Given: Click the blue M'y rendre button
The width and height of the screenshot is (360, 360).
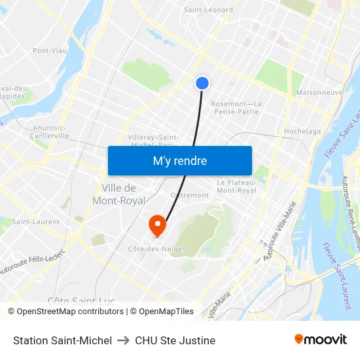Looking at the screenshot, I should pyautogui.click(x=179, y=160).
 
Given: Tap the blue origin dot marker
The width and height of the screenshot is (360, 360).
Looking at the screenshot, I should pyautogui.click(x=202, y=82).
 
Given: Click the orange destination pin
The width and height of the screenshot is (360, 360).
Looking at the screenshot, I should pyautogui.click(x=157, y=226).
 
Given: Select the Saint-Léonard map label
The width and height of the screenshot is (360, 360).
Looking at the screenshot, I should pyautogui.click(x=208, y=10).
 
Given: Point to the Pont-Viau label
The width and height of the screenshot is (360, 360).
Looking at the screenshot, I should pyautogui.click(x=50, y=50).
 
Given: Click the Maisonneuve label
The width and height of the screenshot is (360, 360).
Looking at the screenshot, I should pyautogui.click(x=319, y=93).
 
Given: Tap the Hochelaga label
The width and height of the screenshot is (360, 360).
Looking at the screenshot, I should pyautogui.click(x=302, y=132).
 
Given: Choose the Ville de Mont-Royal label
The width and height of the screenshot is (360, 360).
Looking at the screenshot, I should pyautogui.click(x=118, y=194).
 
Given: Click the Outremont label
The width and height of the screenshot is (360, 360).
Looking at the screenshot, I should pyautogui.click(x=189, y=195).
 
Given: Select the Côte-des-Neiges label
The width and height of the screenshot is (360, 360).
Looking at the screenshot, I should pyautogui.click(x=156, y=249).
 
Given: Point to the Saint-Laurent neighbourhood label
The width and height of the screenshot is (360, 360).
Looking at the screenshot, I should pyautogui.click(x=35, y=222).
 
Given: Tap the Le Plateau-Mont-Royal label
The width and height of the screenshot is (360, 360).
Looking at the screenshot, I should pyautogui.click(x=236, y=187).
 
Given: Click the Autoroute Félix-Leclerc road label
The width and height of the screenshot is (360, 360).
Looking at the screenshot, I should pyautogui.click(x=33, y=261).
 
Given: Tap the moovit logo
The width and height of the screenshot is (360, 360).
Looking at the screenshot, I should pyautogui.click(x=320, y=339).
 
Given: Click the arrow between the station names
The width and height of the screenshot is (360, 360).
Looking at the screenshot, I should pyautogui.click(x=123, y=340).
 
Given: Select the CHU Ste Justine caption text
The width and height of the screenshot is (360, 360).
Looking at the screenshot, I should pyautogui.click(x=175, y=340).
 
